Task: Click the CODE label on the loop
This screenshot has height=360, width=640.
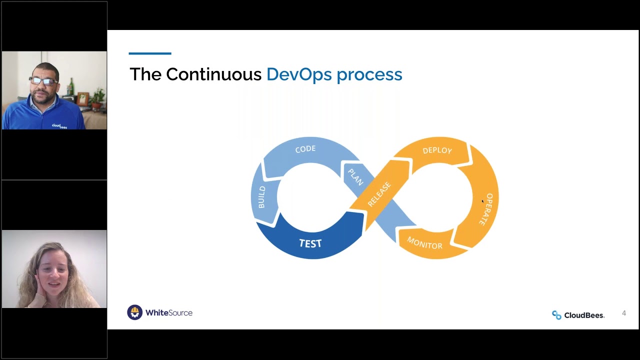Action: pyautogui.click(x=305, y=149)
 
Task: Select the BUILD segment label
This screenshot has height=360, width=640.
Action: pyautogui.click(x=261, y=197)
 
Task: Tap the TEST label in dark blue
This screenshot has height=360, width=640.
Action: pyautogui.click(x=310, y=243)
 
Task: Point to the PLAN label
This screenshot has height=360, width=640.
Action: pyautogui.click(x=355, y=177)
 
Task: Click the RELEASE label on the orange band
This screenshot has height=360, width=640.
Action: pyautogui.click(x=379, y=194)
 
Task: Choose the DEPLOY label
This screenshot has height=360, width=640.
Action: pyautogui.click(x=437, y=150)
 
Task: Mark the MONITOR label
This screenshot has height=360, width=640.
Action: pyautogui.click(x=424, y=243)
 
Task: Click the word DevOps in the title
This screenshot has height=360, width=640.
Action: pyautogui.click(x=299, y=74)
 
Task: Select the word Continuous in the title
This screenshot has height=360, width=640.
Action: pyautogui.click(x=213, y=74)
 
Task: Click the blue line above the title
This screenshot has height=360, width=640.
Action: pyautogui.click(x=150, y=53)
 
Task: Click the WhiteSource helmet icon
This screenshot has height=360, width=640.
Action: pyautogui.click(x=134, y=312)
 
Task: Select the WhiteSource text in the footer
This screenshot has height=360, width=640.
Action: pyautogui.click(x=169, y=313)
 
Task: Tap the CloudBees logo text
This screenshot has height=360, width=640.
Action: pyautogui.click(x=584, y=315)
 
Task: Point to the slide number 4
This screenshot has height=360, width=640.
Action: pyautogui.click(x=623, y=313)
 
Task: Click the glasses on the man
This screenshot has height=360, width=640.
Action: pyautogui.click(x=43, y=81)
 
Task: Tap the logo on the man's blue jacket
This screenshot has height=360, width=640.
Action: pyautogui.click(x=59, y=126)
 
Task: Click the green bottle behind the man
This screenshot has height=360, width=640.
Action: pyautogui.click(x=71, y=87)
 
